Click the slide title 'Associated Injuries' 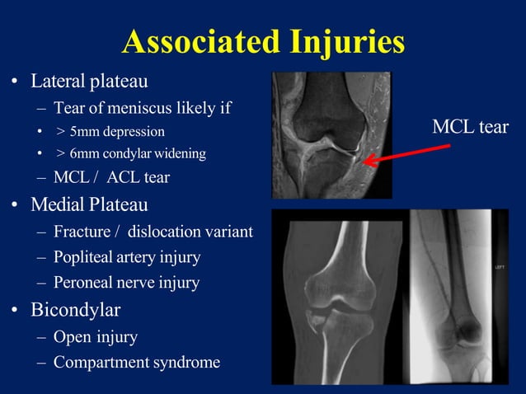click(263, 41)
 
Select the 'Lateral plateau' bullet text click(89, 82)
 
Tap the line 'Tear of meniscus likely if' click(143, 107)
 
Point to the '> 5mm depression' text click(110, 131)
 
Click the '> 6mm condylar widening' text click(131, 153)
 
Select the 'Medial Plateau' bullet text click(89, 204)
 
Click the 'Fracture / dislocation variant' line click(153, 232)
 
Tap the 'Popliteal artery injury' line click(127, 257)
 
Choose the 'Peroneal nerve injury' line click(126, 283)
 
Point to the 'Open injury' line click(96, 336)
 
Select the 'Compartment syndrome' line click(137, 362)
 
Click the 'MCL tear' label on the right click(470, 127)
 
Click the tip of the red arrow click(365, 162)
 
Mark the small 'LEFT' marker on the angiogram click(500, 268)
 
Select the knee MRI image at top click(332, 134)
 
